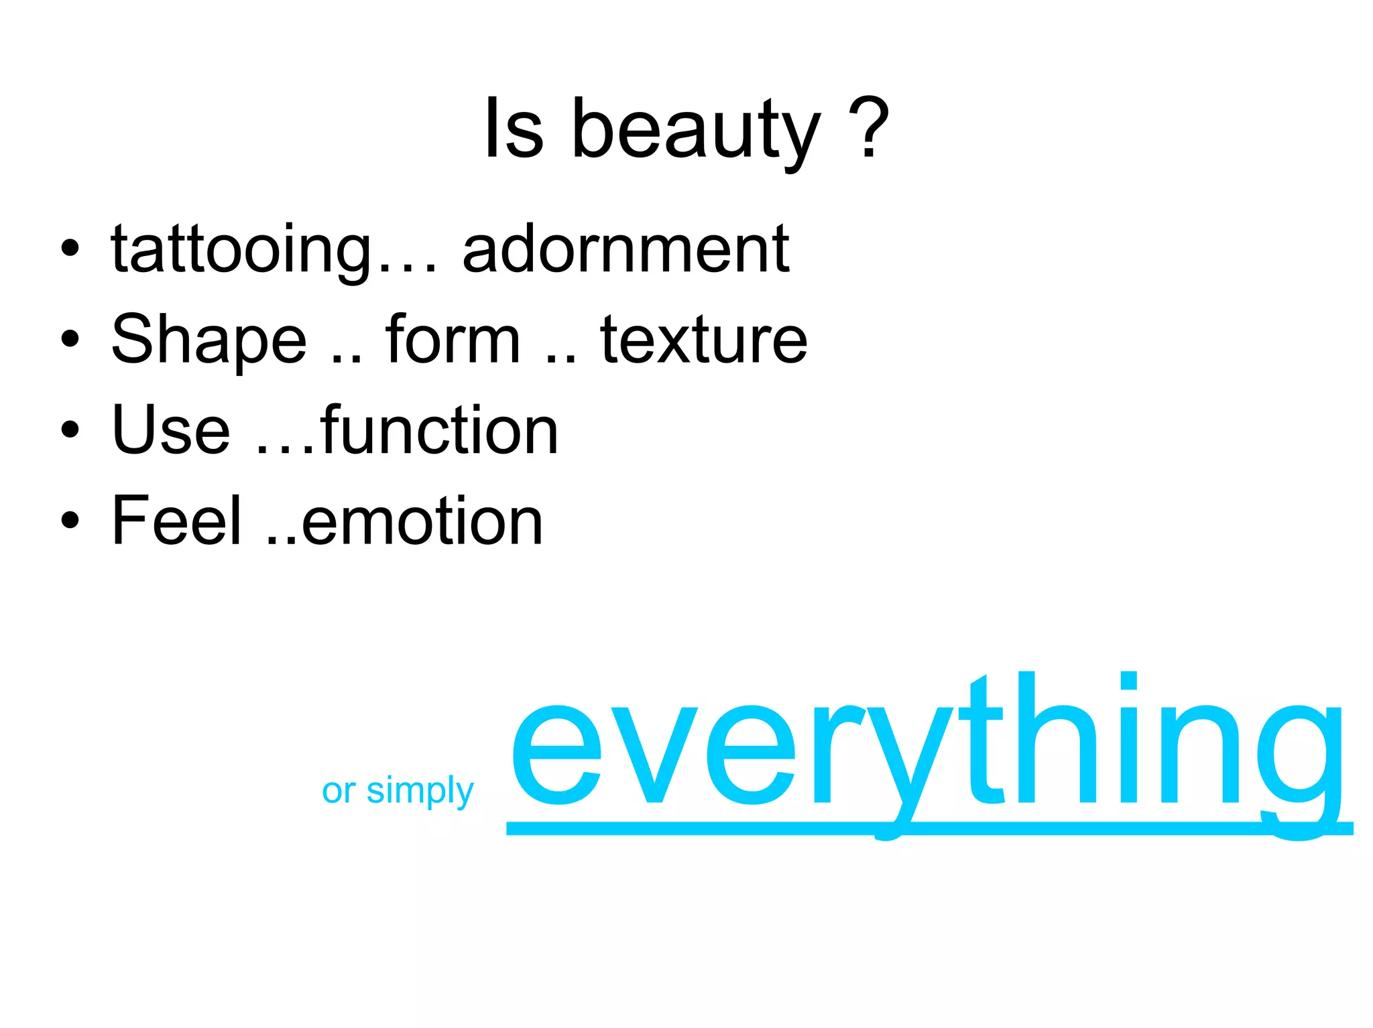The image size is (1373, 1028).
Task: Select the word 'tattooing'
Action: pos(242,250)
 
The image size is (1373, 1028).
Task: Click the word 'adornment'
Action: pos(625,249)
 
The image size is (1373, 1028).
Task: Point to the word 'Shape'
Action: pos(209,340)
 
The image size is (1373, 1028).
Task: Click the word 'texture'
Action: pos(703,340)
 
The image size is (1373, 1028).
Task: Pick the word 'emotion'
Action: pos(422,521)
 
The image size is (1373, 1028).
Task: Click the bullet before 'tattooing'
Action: pos(70,249)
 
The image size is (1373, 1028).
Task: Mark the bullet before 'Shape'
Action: pos(70,340)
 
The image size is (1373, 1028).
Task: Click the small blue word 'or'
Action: pos(339,791)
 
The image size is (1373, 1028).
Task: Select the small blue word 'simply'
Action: pos(420,791)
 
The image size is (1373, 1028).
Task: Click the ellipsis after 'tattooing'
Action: pos(407,268)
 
